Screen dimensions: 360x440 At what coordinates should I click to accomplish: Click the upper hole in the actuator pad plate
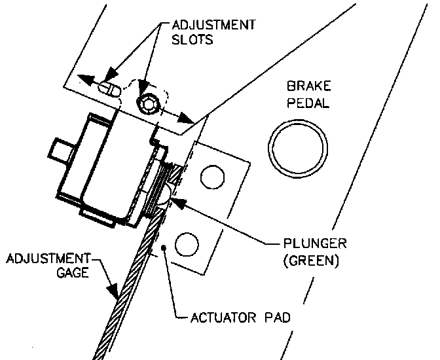click(x=211, y=176)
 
